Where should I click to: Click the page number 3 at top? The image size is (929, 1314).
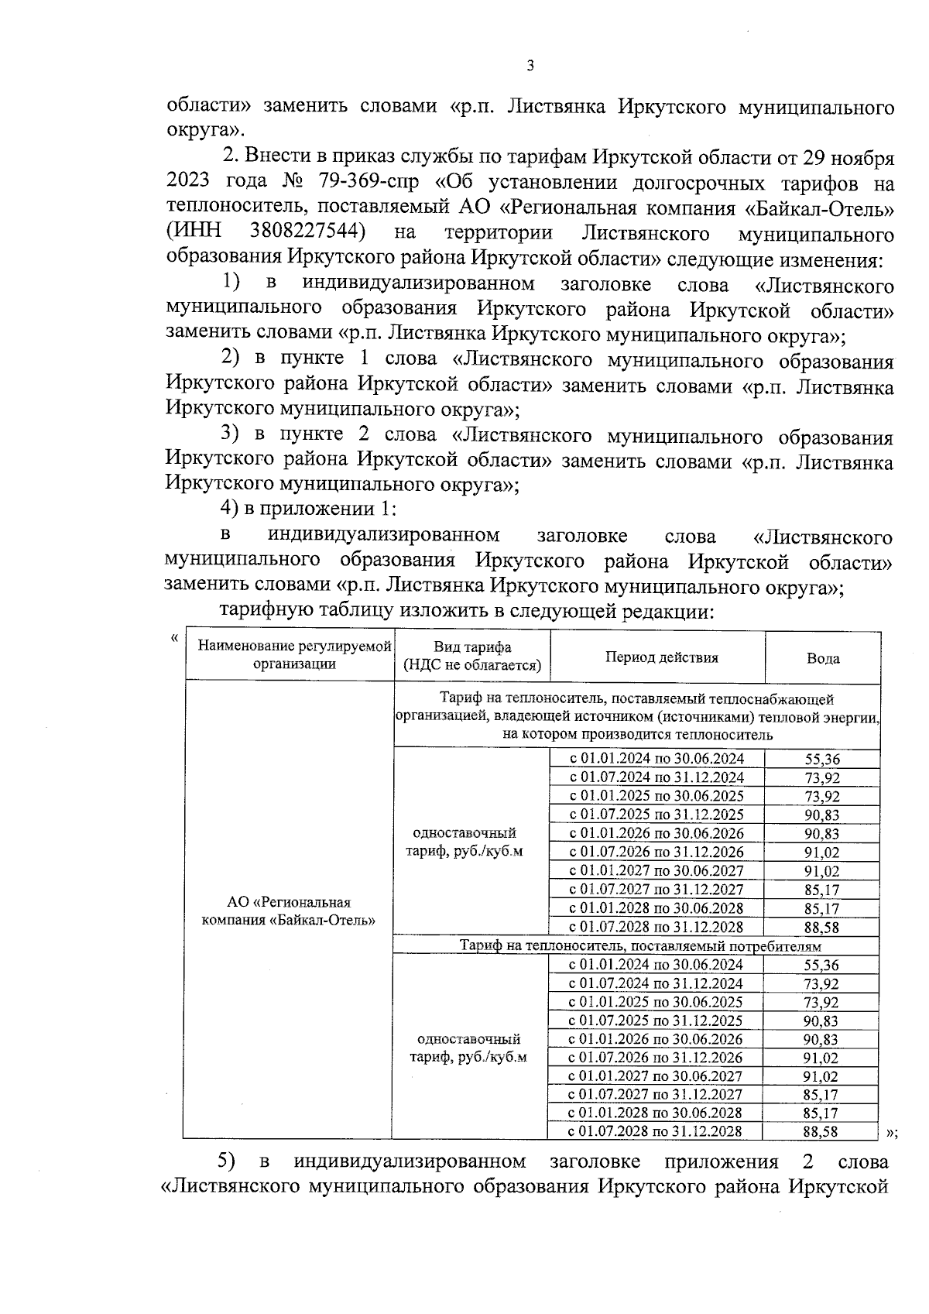click(x=530, y=67)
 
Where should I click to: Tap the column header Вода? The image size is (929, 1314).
click(x=822, y=658)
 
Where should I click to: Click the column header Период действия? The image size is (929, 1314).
click(x=661, y=657)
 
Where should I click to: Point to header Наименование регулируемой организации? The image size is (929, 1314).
click(x=294, y=655)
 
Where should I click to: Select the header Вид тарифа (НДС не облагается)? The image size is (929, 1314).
click(x=472, y=657)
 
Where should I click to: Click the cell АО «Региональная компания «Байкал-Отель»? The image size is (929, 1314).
click(x=289, y=911)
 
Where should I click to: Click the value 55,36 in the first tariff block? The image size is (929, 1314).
click(x=822, y=760)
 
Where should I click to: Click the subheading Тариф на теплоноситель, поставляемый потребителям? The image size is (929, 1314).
click(x=639, y=945)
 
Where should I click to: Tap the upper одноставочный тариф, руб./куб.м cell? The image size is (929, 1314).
click(x=465, y=842)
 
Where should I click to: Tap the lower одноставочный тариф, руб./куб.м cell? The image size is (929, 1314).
click(x=468, y=1048)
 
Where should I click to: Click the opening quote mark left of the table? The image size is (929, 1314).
click(x=174, y=638)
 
